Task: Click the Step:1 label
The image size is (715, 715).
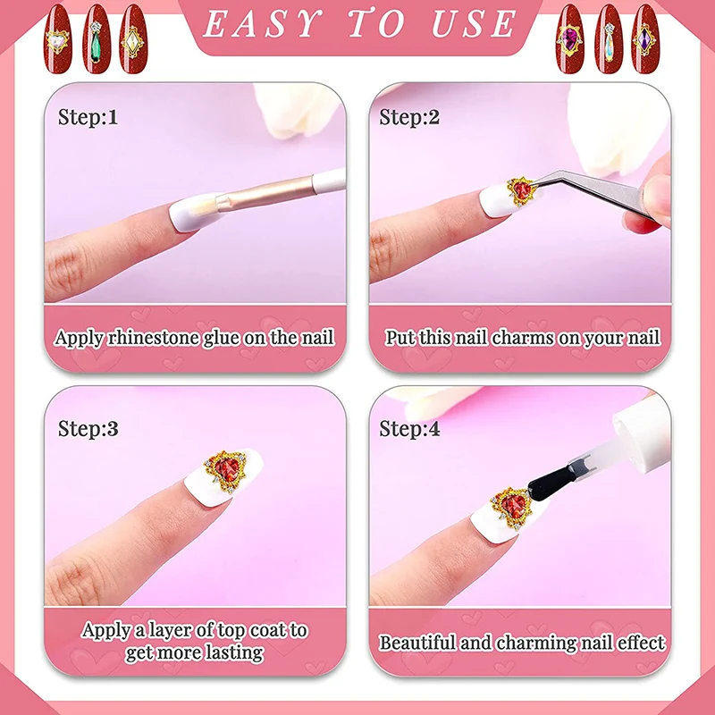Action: click(x=88, y=116)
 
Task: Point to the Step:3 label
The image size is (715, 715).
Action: click(x=88, y=428)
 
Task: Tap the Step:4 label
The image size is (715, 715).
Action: click(x=409, y=428)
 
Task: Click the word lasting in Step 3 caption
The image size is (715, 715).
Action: click(x=232, y=652)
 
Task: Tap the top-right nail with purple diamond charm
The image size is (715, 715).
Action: click(x=645, y=36)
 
